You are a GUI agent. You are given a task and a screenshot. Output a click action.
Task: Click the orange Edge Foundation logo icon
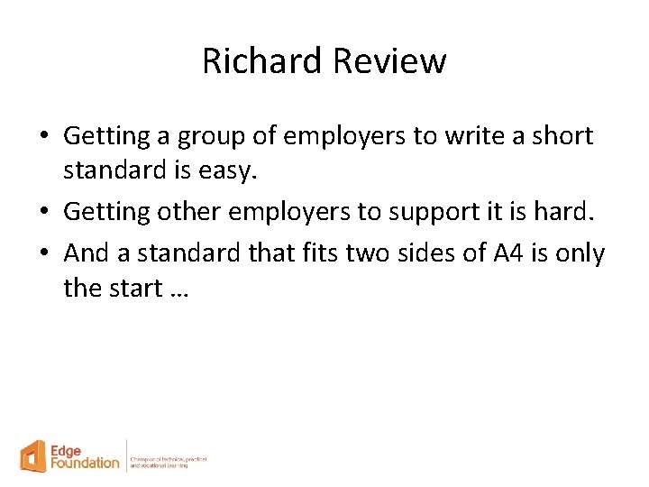click(34, 455)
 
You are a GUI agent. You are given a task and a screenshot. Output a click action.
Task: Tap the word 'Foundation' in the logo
click(86, 463)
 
